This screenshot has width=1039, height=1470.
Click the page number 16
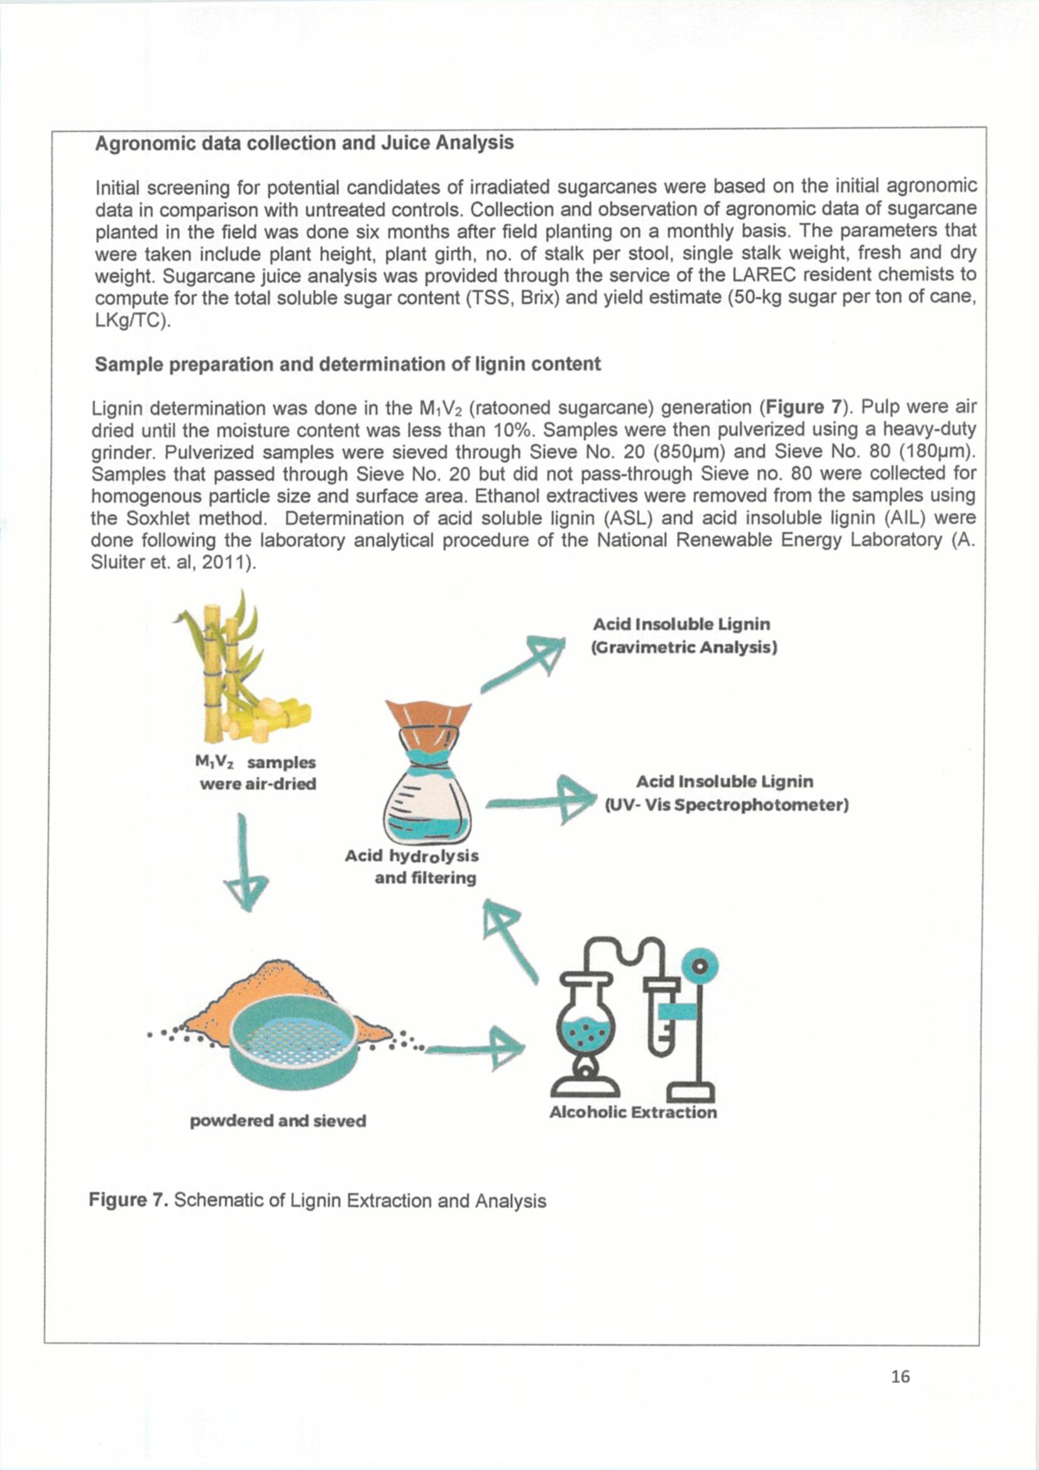pos(899,1376)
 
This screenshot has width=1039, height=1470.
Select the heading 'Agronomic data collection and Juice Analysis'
pos(304,143)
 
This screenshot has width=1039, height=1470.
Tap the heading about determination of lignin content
pos(348,364)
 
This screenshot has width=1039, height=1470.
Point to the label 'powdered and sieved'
pos(278,1120)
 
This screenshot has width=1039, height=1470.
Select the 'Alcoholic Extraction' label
pos(632,1112)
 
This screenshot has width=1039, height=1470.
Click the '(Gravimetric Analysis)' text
pos(684,647)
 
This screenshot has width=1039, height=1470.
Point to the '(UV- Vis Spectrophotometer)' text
pos(727,805)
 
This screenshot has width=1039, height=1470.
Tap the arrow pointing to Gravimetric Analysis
pos(524,664)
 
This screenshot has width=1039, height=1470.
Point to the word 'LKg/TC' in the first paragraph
pos(131,321)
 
